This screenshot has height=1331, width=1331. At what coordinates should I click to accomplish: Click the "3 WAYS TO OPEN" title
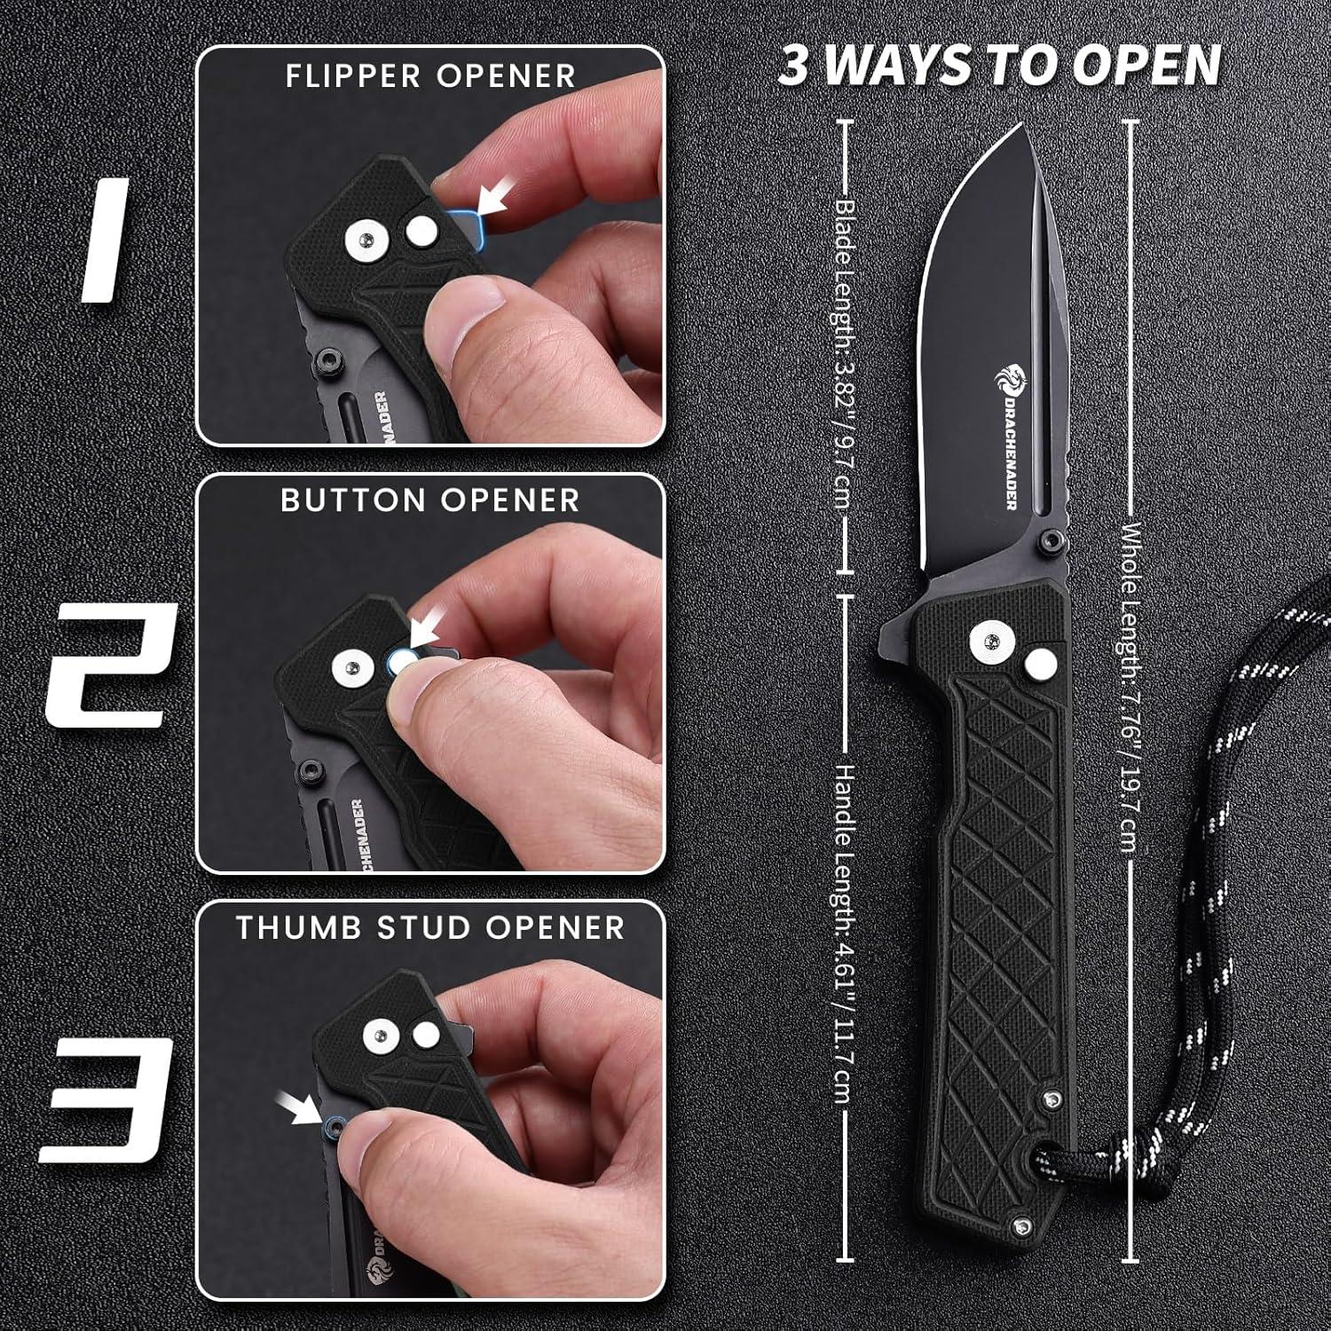pos(1000,67)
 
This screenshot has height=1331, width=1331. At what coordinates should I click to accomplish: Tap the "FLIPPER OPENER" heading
pos(430,76)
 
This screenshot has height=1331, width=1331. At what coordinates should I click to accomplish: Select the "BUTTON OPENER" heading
pos(430,500)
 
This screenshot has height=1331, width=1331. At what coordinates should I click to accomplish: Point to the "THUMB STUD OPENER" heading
pos(430,927)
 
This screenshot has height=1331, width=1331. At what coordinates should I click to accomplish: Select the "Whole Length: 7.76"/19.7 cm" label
pos(1130,688)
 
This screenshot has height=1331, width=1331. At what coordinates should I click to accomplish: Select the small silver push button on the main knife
pos(1039,666)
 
